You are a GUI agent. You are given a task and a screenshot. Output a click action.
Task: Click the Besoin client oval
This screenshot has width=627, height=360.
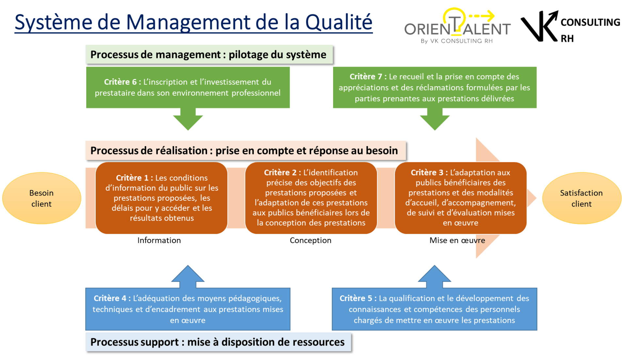pos(41,198)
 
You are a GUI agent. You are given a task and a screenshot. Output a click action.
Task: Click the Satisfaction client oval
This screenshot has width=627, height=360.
pos(581,198)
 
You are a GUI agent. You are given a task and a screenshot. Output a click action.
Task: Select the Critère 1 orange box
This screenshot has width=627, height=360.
pos(162,198)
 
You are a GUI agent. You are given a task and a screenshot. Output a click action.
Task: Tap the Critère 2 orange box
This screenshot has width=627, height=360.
pos(311,198)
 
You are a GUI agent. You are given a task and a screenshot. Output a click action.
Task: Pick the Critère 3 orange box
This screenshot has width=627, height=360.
pos(460,198)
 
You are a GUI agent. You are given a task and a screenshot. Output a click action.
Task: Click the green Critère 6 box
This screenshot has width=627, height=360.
pos(188,87)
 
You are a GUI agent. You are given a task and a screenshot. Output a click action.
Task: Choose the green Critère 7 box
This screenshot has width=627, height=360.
pos(434,87)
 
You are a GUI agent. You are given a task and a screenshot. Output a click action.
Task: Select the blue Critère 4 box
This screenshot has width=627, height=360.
pos(188,309)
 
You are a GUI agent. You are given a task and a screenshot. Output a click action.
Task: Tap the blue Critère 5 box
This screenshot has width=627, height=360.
pos(434,309)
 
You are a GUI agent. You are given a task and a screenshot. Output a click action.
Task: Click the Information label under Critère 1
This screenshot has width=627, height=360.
pos(159,241)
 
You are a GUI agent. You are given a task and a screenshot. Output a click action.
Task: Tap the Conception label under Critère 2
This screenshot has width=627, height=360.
pos(311,241)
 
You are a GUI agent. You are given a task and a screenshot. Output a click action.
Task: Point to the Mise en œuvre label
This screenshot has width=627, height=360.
pos(457,241)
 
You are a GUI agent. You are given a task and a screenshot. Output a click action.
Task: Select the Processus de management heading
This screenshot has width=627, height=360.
pos(208,55)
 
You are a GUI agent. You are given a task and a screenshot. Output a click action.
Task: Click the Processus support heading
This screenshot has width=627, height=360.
pos(217,342)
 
